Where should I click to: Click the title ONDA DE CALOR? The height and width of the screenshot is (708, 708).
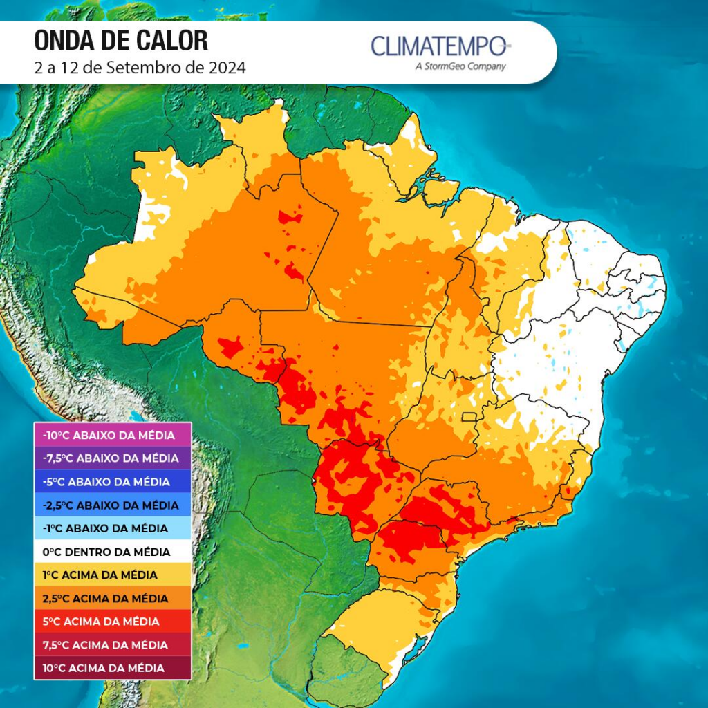(x=121, y=41)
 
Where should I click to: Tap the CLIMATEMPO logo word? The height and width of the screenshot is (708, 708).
(x=439, y=47)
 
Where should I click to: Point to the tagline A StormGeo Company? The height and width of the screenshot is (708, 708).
(x=460, y=67)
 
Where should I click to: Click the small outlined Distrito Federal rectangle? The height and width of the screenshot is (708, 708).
(x=470, y=417)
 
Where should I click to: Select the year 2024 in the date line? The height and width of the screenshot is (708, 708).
(x=228, y=68)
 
